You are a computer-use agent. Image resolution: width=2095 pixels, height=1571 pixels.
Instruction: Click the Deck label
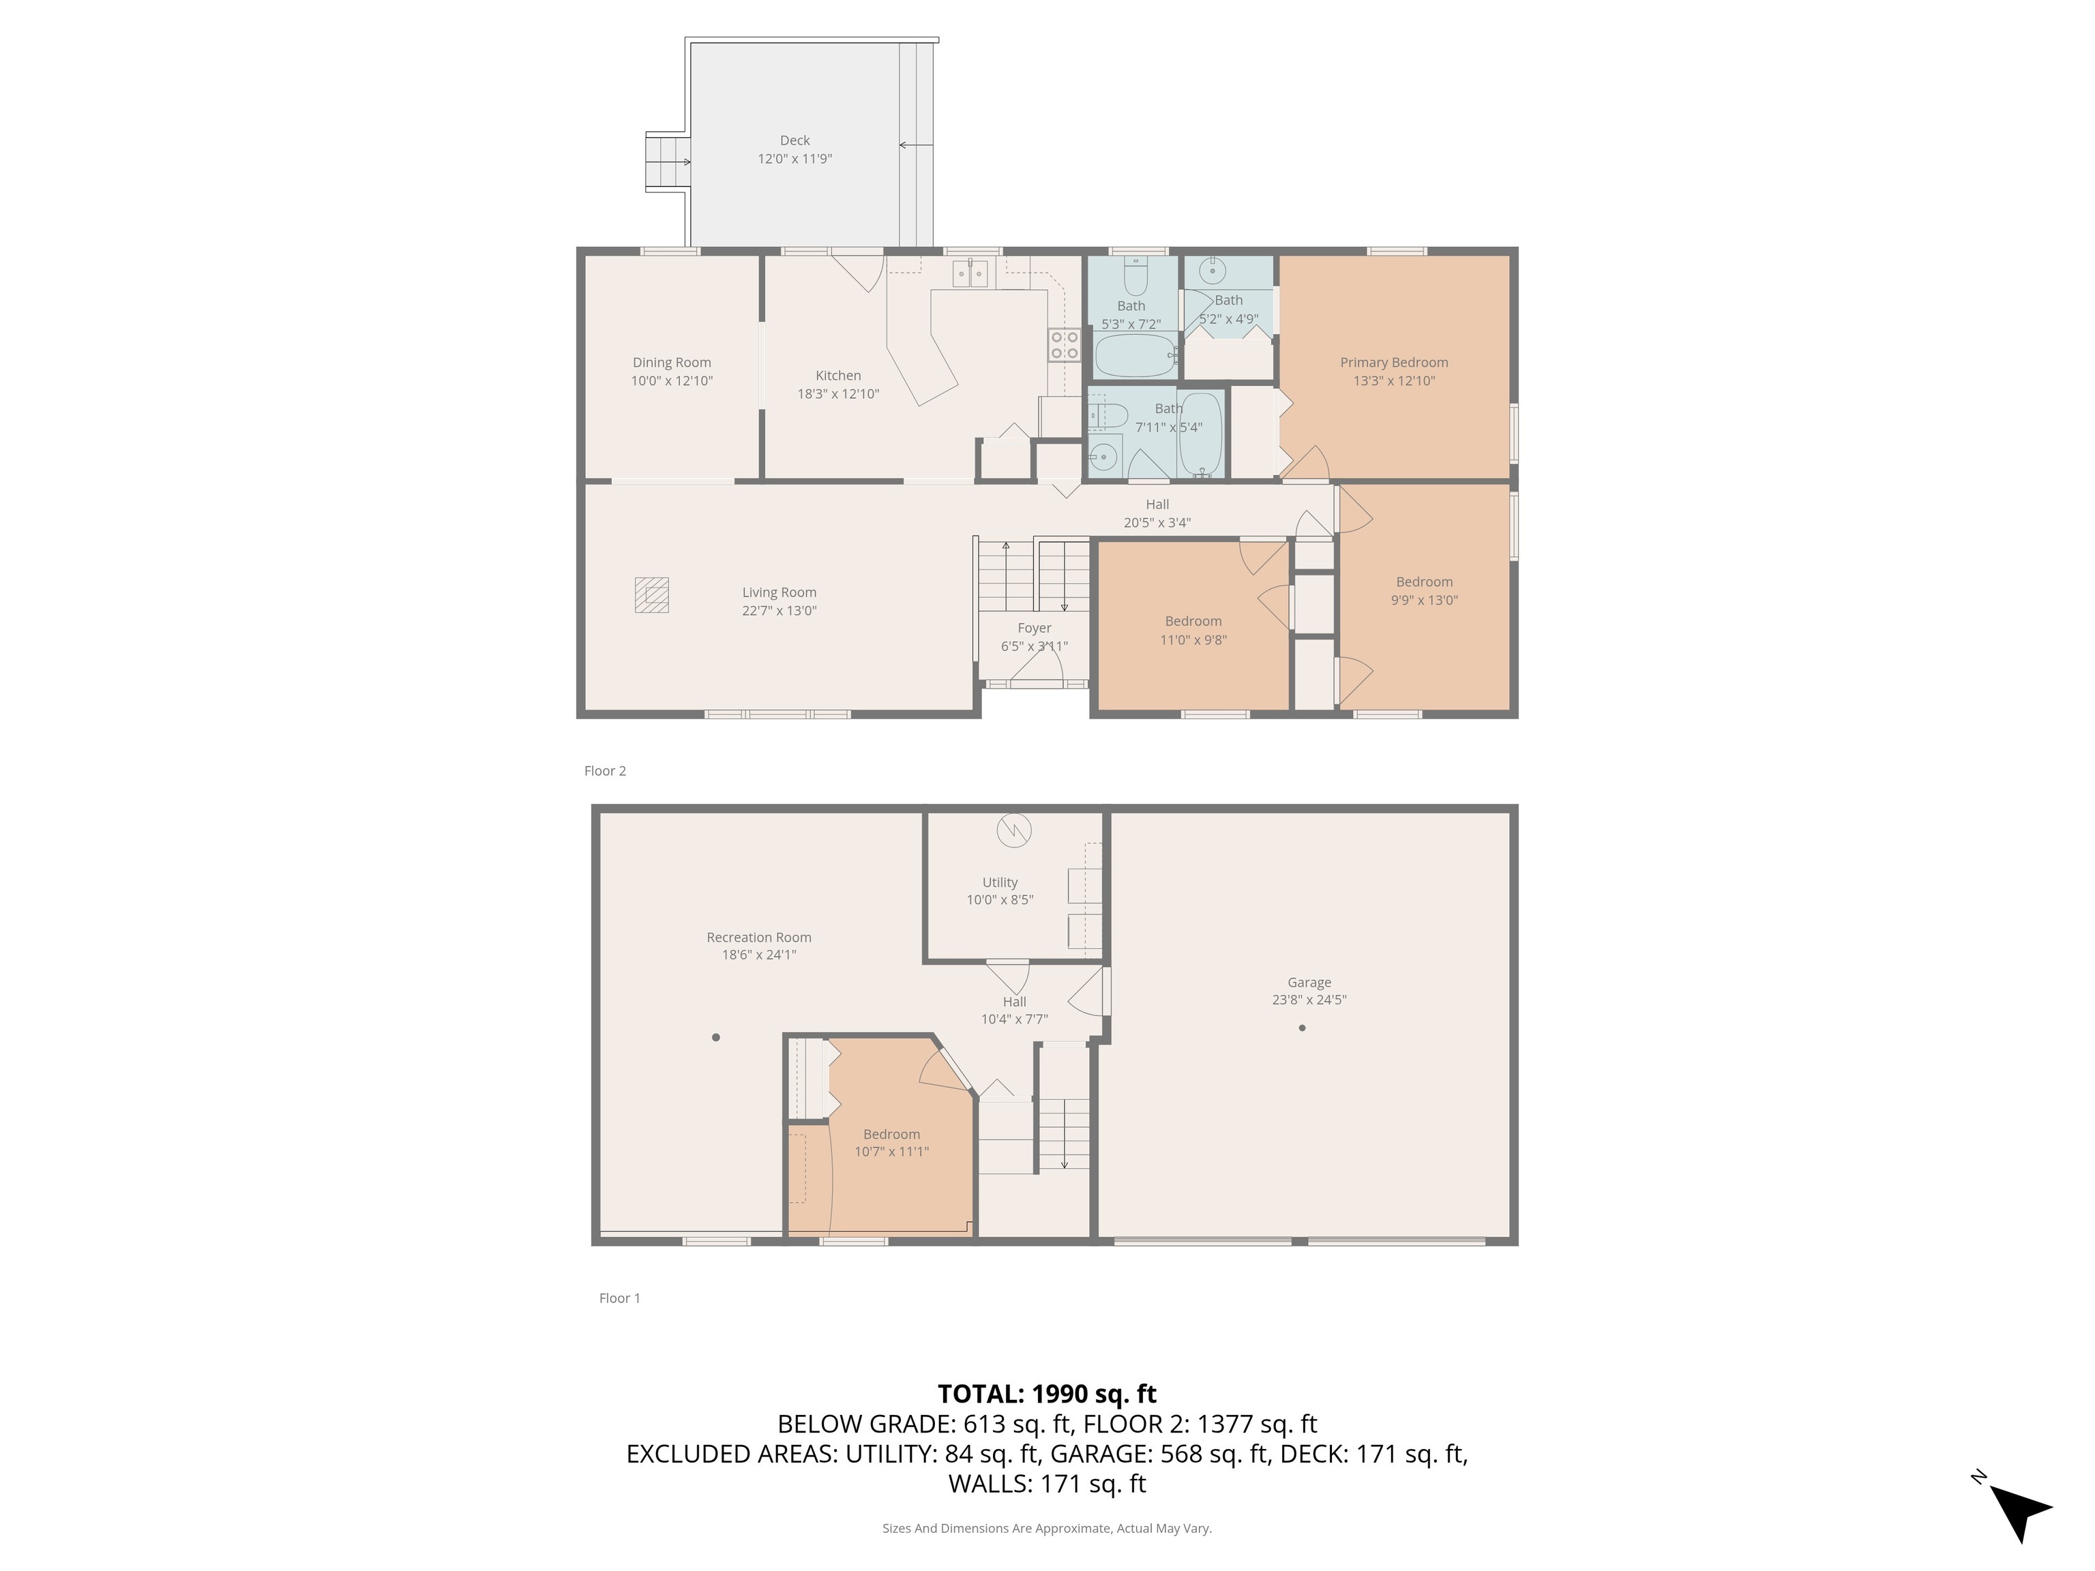point(794,140)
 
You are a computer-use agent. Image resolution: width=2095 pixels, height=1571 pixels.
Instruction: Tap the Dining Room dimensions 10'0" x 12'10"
point(672,380)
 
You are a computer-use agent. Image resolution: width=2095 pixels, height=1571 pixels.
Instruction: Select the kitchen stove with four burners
point(1065,345)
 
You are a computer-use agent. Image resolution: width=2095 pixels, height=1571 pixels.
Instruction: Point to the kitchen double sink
point(970,273)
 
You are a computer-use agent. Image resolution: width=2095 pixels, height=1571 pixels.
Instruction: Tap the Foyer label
point(1035,628)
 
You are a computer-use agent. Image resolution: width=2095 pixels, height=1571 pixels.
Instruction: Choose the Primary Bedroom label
point(1394,363)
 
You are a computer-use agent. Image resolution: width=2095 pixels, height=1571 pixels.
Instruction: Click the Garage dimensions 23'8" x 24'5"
point(1309,999)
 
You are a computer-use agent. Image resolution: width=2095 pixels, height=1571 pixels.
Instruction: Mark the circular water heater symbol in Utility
point(1014,831)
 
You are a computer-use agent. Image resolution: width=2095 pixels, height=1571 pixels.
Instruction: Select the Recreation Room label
point(758,938)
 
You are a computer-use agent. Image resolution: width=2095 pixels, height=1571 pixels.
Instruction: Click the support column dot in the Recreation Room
point(716,1037)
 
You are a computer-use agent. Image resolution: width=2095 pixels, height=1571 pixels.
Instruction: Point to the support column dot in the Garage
point(1303,1028)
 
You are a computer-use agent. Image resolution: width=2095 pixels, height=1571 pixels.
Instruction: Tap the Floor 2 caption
point(605,770)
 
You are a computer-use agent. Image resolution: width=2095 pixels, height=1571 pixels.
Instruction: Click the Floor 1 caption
point(619,1298)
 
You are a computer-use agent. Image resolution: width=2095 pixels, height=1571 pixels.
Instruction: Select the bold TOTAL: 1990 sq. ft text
point(1047,1394)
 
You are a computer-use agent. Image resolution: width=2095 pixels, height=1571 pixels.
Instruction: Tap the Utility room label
point(1000,882)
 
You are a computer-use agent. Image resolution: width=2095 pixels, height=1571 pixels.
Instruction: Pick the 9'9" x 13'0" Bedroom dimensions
point(1425,599)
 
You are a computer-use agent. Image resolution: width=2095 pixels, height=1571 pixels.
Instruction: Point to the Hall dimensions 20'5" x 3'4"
point(1157,523)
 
